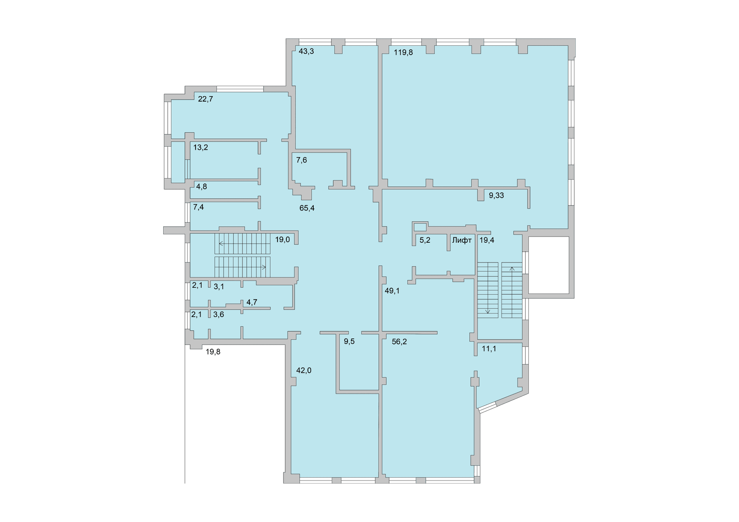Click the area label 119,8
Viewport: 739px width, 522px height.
point(403,53)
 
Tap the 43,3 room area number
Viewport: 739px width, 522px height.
point(306,51)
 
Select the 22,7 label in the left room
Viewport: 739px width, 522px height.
point(205,99)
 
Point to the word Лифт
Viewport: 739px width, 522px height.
point(462,240)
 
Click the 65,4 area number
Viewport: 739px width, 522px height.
point(307,208)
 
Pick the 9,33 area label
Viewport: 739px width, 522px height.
point(496,195)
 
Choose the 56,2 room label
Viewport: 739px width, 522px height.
point(399,342)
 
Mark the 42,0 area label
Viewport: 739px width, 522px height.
point(304,370)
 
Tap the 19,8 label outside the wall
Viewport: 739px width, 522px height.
point(213,352)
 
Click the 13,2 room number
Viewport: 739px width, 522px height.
point(201,147)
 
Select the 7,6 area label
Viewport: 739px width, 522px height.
point(301,160)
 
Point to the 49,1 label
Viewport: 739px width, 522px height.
point(392,291)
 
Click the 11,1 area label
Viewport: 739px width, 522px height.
point(489,349)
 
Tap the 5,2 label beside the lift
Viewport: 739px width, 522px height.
point(425,240)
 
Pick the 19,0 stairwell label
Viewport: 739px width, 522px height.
point(282,240)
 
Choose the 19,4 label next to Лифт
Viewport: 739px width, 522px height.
point(487,240)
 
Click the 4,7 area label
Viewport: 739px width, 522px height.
point(252,302)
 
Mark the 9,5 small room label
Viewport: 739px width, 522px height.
point(349,342)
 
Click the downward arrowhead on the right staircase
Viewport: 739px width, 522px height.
point(488,312)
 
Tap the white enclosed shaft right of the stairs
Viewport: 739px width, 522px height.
point(548,265)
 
